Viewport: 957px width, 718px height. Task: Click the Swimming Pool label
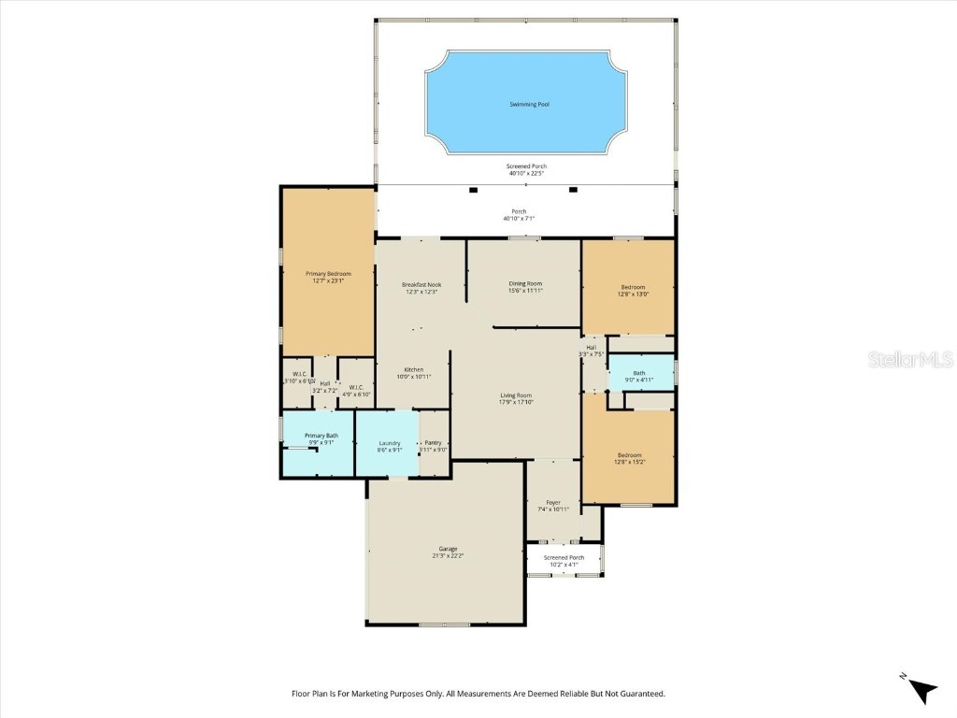pos(529,104)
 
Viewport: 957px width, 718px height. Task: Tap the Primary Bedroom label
pos(328,274)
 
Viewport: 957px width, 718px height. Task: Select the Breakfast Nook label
pos(421,284)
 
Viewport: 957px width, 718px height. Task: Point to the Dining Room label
pos(525,283)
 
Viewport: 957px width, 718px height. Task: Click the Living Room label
pos(516,395)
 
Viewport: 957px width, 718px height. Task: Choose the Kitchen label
pos(414,369)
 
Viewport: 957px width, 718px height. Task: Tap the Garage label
pos(448,549)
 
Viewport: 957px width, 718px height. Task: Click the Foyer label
pos(553,502)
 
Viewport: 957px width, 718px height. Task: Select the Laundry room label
pos(390,443)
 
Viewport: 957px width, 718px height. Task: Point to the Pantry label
pos(433,442)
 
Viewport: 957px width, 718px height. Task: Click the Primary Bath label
pos(321,436)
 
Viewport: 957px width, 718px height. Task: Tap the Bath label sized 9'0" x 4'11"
pos(639,373)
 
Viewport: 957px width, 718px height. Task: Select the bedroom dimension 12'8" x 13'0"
pos(633,294)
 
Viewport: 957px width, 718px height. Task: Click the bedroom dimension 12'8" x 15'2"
pos(629,462)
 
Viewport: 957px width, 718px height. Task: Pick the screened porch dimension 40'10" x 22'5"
pos(526,173)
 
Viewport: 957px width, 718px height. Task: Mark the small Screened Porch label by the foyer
pos(564,557)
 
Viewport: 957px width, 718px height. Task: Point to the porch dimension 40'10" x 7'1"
pos(519,219)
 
